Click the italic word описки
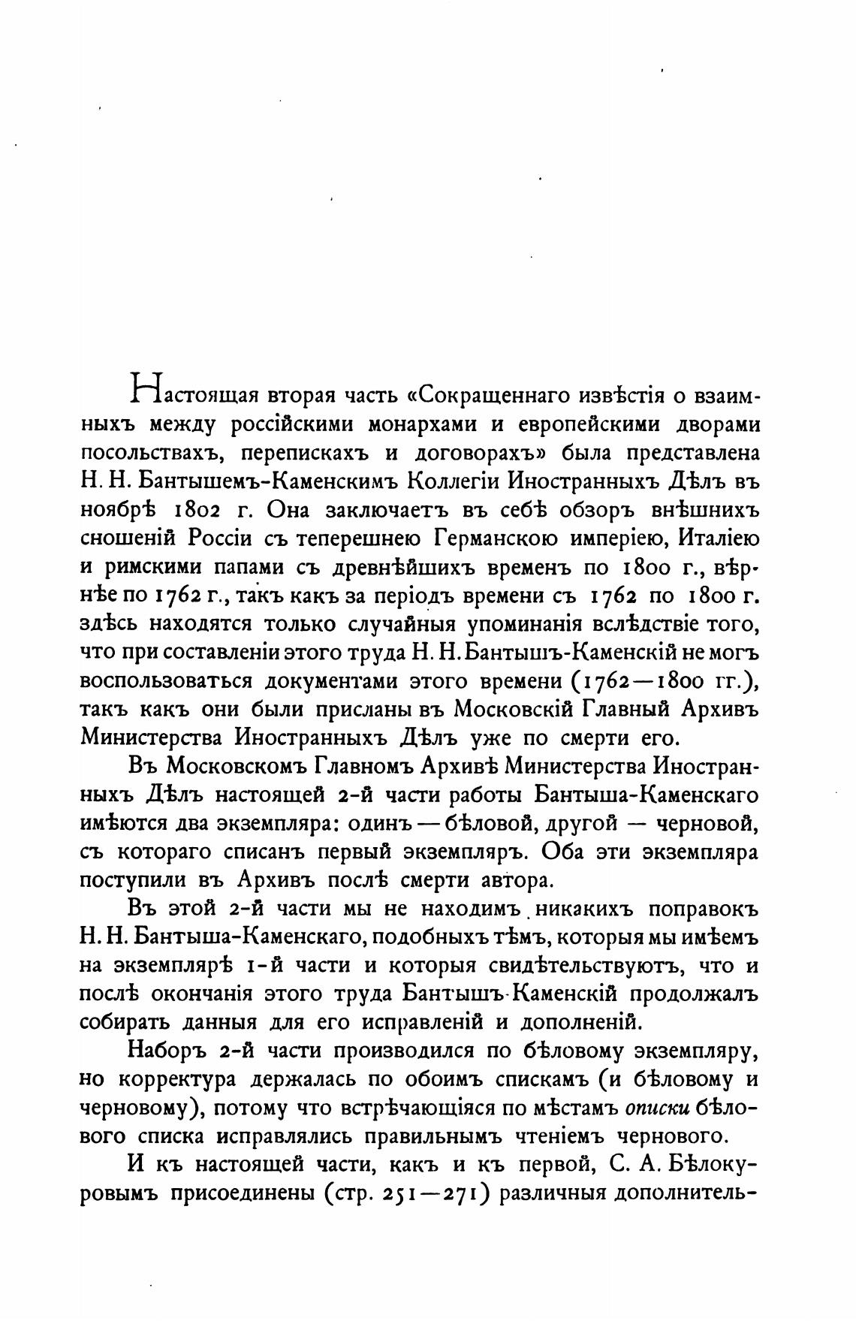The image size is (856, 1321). (x=657, y=1108)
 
